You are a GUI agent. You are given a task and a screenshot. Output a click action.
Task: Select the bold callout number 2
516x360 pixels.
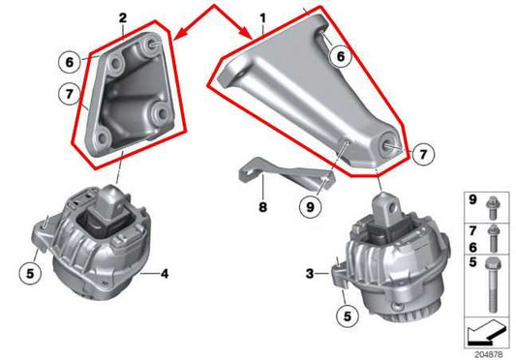click(x=122, y=17)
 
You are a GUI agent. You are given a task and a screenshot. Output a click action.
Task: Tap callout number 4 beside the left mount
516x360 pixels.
click(x=164, y=274)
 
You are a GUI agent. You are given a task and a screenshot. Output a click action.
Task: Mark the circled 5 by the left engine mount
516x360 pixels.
click(x=31, y=274)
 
